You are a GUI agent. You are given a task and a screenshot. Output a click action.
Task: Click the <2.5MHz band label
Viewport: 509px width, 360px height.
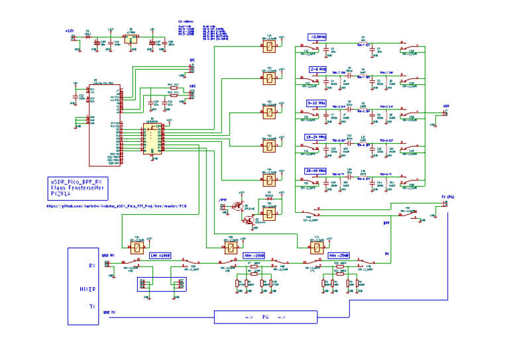tap(317, 36)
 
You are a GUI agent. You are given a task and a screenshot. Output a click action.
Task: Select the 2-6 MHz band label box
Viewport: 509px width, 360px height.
tap(317, 68)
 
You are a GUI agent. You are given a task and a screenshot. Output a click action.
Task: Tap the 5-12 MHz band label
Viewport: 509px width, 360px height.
tap(317, 103)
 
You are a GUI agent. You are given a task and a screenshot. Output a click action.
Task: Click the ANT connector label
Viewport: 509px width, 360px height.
tap(446, 105)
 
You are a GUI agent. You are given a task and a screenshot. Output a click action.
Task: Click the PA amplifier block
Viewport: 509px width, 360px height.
tap(265, 317)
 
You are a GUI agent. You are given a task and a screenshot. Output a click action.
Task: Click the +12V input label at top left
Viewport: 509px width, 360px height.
tap(71, 30)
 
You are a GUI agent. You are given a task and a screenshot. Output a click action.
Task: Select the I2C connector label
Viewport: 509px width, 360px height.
tap(192, 60)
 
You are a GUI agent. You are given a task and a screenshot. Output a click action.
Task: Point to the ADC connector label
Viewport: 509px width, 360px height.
tap(192, 86)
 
